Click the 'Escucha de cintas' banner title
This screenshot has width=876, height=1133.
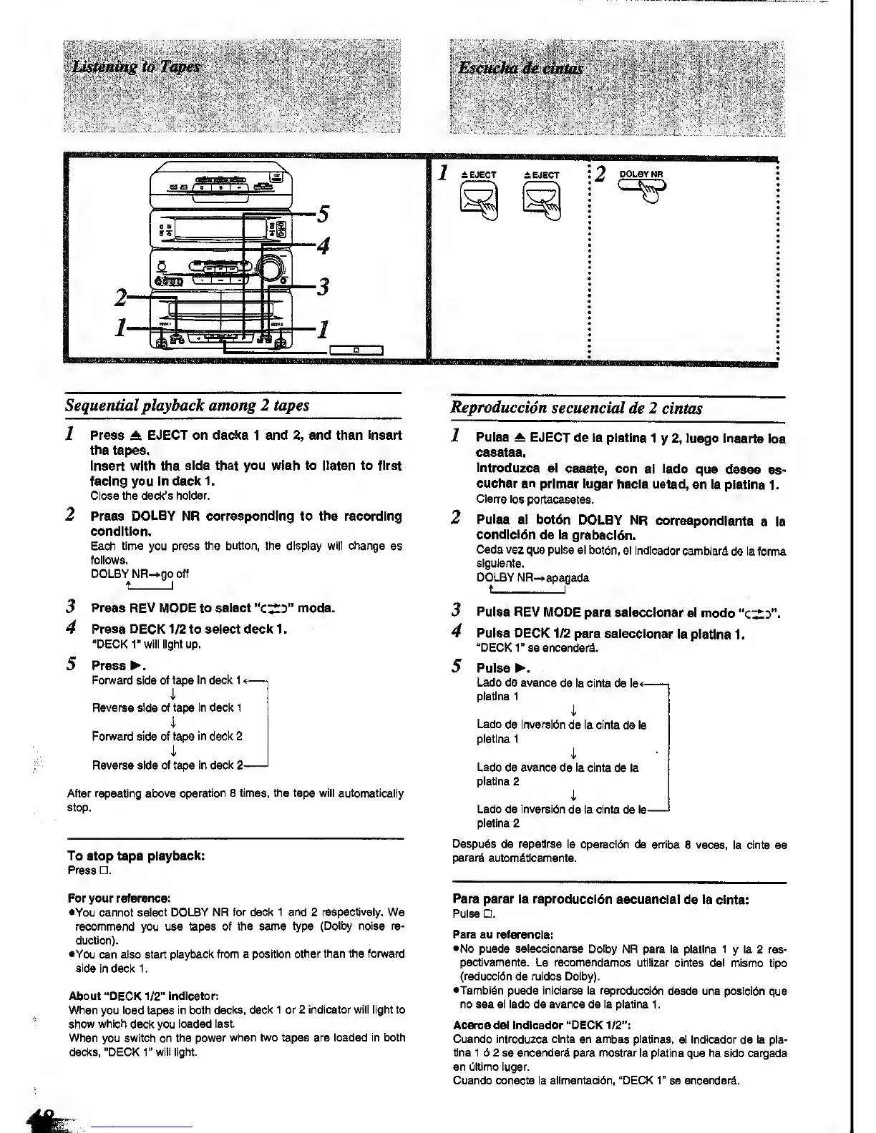click(x=521, y=68)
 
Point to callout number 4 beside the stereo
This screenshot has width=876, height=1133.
click(x=323, y=246)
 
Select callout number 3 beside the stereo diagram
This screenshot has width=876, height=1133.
click(x=323, y=287)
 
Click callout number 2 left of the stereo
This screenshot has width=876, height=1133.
click(x=122, y=297)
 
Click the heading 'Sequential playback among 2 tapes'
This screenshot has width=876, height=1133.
click(x=188, y=405)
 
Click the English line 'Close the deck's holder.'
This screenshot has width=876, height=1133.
click(x=150, y=496)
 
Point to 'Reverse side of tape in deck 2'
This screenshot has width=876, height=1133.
click(x=164, y=765)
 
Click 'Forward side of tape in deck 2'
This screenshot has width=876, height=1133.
click(x=167, y=736)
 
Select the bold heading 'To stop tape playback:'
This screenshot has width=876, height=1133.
click(x=137, y=855)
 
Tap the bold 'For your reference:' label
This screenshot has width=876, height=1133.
click(x=119, y=898)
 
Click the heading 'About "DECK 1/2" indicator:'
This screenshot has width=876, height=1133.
click(x=144, y=996)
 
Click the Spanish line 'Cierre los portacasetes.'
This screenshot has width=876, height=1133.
click(x=535, y=499)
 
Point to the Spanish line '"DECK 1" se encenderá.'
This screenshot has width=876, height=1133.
click(x=537, y=648)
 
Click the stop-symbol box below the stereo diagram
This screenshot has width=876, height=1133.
click(x=356, y=350)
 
